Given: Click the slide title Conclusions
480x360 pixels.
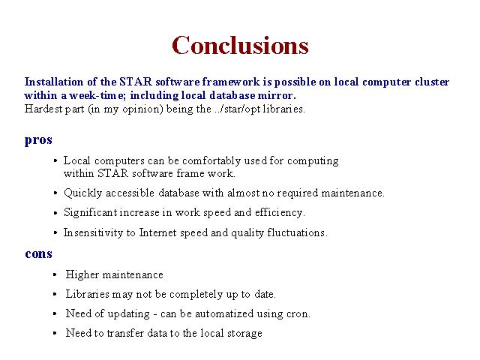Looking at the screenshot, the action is [x=240, y=45].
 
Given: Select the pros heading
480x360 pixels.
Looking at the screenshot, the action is [x=38, y=140].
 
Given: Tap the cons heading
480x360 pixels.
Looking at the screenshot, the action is [x=38, y=253].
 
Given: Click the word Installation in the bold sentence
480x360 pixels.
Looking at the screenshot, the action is [x=54, y=82].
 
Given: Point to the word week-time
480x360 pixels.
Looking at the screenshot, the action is [x=97, y=95].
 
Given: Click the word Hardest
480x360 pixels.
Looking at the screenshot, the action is [x=43, y=109].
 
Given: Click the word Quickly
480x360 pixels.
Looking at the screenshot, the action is [x=82, y=193].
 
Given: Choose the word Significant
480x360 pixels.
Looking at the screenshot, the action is [x=90, y=213].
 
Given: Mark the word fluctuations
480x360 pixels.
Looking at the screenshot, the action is [x=297, y=232].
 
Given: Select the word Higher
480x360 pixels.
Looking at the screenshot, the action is [x=82, y=274].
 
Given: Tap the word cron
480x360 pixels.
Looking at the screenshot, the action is [x=298, y=314].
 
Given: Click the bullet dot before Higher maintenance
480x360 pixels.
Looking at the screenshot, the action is [x=55, y=274].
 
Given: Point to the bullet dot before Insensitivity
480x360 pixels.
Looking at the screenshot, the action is [x=55, y=232].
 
